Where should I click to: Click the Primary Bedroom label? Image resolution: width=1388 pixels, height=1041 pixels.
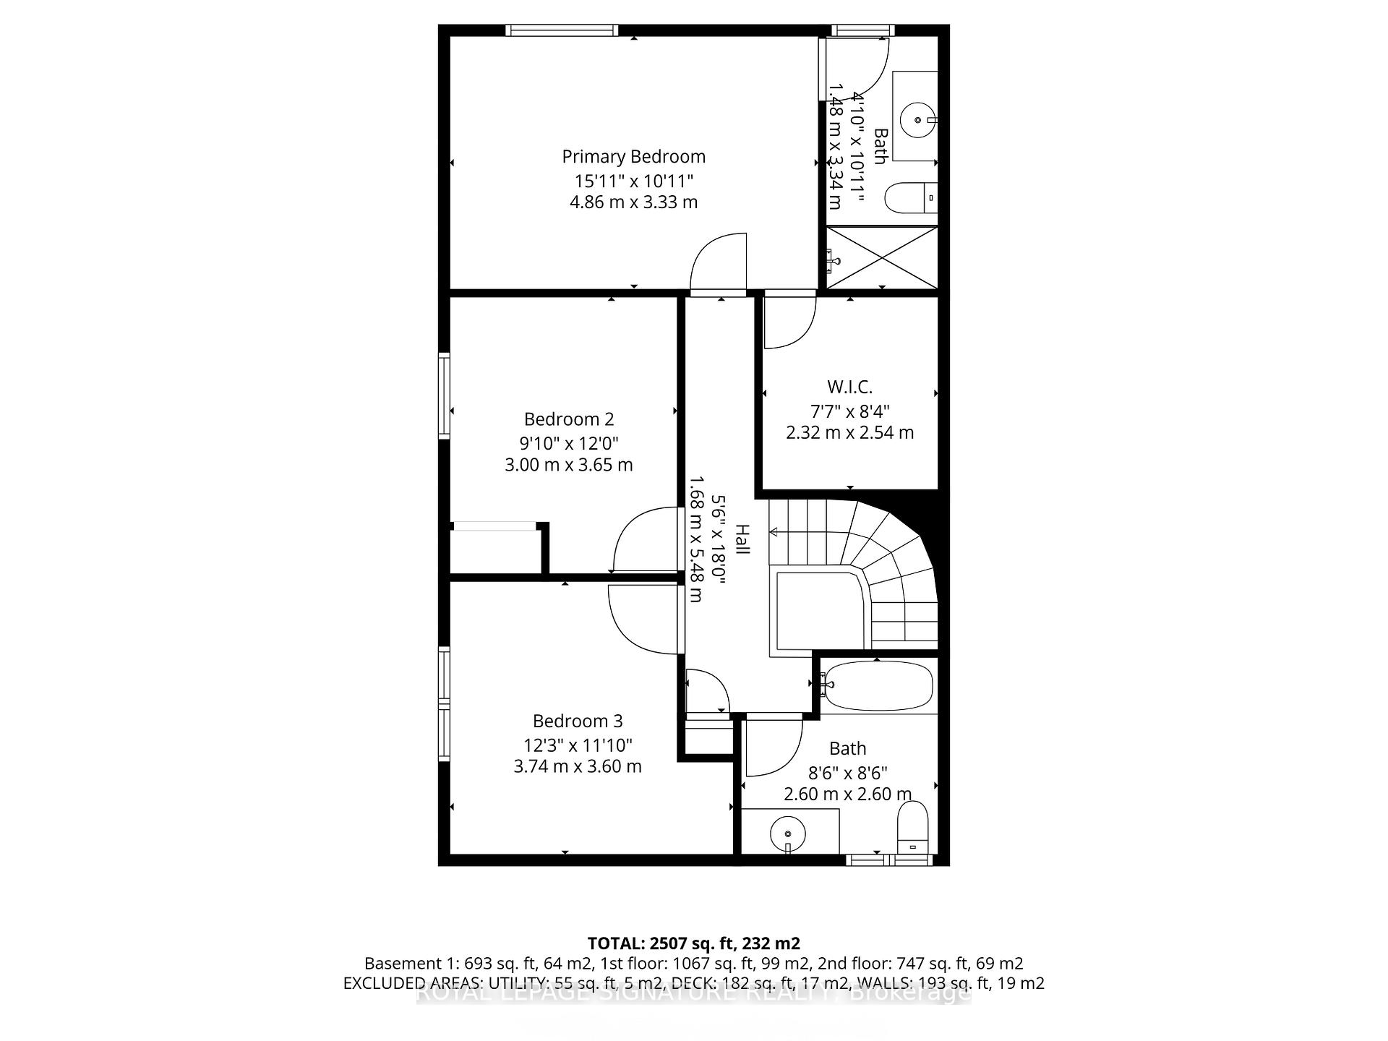point(633,156)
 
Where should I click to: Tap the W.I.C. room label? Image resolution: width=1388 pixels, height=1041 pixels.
point(849,387)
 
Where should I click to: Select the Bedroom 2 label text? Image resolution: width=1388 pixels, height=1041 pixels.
point(569,419)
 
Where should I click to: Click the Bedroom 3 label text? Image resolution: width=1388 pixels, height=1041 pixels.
point(578,721)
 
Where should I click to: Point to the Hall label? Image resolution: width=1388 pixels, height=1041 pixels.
point(742,539)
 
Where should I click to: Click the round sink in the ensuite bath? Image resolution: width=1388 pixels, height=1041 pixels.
point(918,121)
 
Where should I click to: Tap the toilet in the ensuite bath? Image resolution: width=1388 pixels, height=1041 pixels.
point(909,197)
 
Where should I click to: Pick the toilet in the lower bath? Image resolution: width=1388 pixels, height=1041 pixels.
point(912,826)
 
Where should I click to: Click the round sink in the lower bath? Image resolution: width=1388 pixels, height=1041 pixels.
point(787,833)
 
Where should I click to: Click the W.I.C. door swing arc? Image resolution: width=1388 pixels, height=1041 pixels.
point(789,322)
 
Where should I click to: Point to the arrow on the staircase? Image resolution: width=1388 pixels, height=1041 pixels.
point(774,533)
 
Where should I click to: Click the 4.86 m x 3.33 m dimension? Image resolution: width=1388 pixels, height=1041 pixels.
point(633,202)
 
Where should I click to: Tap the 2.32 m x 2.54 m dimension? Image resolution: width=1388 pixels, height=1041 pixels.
point(849,432)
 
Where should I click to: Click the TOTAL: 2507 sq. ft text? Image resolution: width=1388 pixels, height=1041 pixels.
point(693,943)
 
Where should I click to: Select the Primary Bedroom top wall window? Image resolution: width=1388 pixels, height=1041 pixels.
point(562,30)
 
